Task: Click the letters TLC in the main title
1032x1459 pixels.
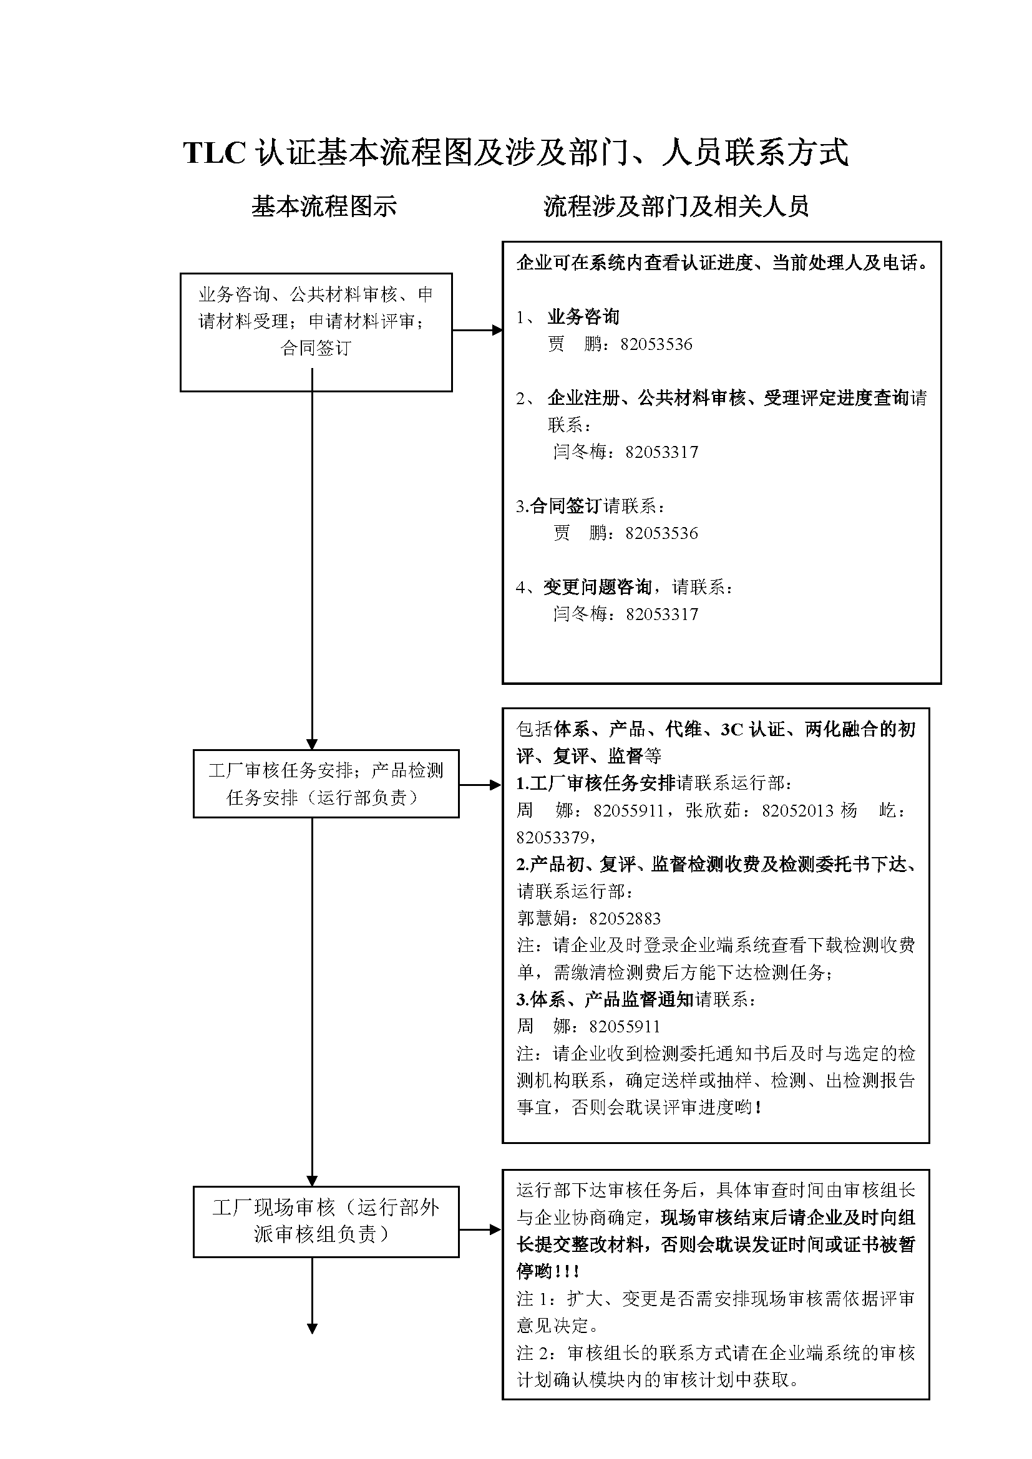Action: tap(214, 153)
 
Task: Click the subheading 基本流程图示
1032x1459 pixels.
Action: tap(323, 206)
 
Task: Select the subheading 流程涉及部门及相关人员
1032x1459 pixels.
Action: tap(676, 206)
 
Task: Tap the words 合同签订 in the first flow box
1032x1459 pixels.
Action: tap(316, 348)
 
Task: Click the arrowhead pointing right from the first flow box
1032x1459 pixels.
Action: tap(497, 330)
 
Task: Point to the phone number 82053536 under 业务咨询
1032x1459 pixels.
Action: tap(656, 344)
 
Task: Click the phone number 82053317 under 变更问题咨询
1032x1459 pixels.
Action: tap(661, 614)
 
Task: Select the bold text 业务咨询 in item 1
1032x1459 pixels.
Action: tap(583, 316)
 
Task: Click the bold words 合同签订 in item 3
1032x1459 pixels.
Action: tap(566, 506)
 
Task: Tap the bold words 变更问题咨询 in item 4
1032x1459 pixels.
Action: tap(597, 586)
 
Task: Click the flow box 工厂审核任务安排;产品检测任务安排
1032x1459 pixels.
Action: tap(326, 783)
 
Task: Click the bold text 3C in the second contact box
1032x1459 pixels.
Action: tap(731, 730)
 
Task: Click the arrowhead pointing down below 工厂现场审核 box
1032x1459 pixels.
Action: tap(312, 1328)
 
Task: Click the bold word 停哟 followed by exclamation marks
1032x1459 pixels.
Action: tap(535, 1272)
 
